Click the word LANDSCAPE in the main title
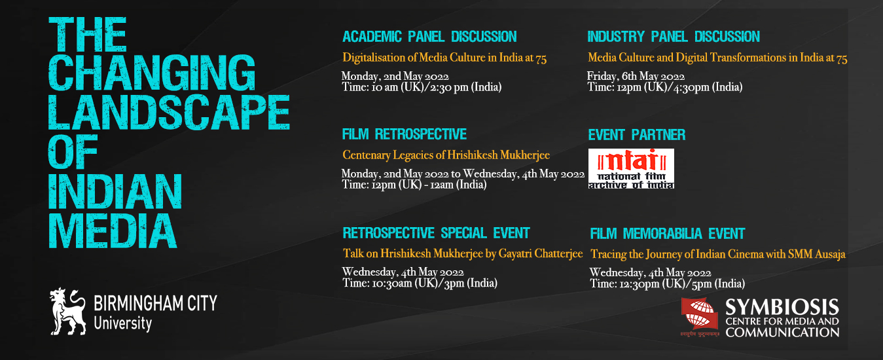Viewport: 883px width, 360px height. point(169,113)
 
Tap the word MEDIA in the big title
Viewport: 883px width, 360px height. point(113,232)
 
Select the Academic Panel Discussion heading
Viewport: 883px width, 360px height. point(429,37)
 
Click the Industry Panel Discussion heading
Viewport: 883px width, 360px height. point(674,37)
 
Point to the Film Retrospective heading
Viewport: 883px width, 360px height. point(405,134)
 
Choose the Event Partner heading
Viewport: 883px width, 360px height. point(637,135)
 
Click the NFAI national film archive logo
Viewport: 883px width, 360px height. point(631,168)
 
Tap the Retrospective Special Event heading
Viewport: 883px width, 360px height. point(437,233)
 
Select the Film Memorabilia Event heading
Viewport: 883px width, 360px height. point(668,234)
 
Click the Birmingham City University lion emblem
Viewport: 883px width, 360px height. point(68,312)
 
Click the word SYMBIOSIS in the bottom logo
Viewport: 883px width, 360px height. point(782,308)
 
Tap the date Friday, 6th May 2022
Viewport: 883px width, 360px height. point(636,76)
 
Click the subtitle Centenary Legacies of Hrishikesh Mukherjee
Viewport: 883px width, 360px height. point(446,155)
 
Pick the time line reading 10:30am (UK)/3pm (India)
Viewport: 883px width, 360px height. point(420,283)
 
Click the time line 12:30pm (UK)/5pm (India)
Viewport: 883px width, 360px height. point(668,283)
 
